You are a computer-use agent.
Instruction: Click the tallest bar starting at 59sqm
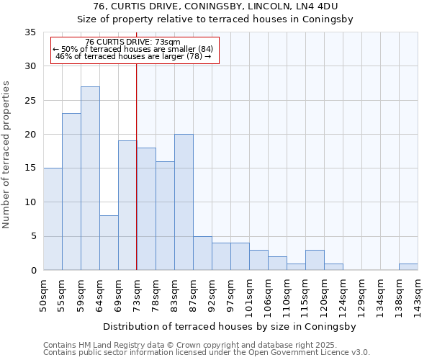90,178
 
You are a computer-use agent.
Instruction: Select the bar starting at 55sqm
71,192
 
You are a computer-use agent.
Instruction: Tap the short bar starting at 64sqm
109,243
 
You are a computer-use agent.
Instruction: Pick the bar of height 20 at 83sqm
184,202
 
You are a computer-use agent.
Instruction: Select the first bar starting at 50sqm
53,219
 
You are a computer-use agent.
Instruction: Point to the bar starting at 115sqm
315,260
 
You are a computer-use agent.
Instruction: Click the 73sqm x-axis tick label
137,295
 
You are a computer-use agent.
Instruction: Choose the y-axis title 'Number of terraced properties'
6,155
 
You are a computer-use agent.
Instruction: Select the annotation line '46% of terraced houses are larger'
132,56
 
